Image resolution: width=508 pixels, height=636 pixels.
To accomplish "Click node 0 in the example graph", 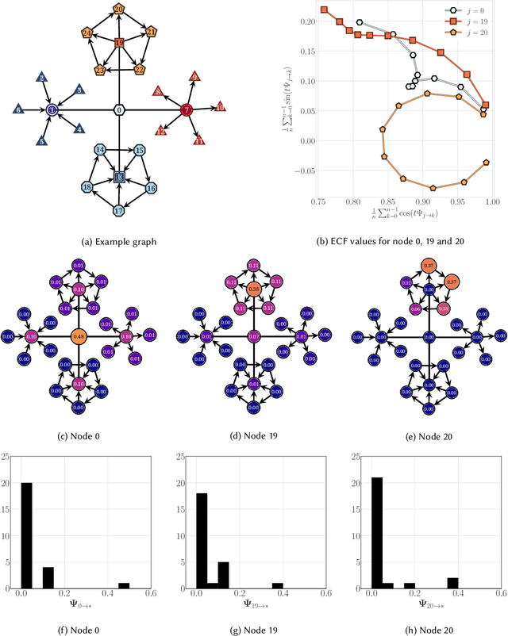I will click(118, 109).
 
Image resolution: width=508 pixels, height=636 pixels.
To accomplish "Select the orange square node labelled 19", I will click(118, 43).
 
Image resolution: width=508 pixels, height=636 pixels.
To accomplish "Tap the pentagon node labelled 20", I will click(118, 10).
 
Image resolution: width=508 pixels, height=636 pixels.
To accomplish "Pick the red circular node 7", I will click(187, 109).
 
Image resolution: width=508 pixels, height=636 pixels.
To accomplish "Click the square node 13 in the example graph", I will click(118, 176).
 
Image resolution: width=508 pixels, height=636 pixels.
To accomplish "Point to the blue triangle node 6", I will click(17, 109).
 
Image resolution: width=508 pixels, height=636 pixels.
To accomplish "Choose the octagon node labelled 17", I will click(118, 210).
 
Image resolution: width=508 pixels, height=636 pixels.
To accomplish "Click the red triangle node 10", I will click(221, 106).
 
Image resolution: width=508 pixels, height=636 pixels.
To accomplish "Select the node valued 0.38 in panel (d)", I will click(253, 289).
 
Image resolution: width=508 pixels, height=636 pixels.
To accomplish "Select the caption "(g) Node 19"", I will click(253, 623).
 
